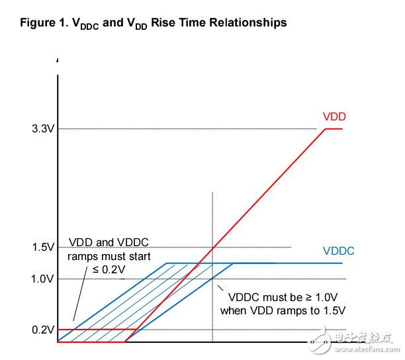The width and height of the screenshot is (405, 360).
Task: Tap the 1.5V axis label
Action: pyautogui.click(x=42, y=247)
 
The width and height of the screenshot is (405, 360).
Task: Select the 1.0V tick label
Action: pyautogui.click(x=42, y=279)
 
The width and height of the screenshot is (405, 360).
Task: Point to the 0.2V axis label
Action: pyautogui.click(x=42, y=330)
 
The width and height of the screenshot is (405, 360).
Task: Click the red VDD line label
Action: pyautogui.click(x=334, y=116)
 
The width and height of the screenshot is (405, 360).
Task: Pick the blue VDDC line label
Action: pyautogui.click(x=338, y=251)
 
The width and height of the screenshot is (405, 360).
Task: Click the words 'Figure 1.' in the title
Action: pyautogui.click(x=41, y=22)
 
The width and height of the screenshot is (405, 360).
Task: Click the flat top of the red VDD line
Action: pyautogui.click(x=334, y=128)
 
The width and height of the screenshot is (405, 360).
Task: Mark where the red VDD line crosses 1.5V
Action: pyautogui.click(x=212, y=248)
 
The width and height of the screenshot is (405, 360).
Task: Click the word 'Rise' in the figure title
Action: pyautogui.click(x=163, y=22)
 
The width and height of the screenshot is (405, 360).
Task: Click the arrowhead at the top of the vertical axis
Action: pyautogui.click(x=58, y=60)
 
